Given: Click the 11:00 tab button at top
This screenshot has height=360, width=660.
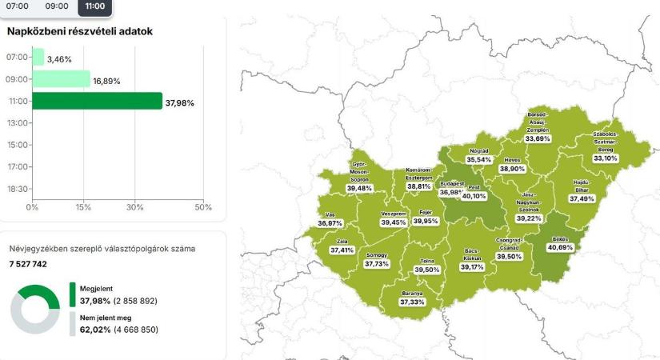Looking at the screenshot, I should [94, 6].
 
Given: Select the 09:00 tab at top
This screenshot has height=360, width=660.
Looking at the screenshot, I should [56, 6].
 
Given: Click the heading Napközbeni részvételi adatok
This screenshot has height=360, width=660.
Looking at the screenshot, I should [79, 32].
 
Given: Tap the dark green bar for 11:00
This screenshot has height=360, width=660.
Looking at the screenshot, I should [97, 101].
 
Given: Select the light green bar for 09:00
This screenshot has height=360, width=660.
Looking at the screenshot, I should [61, 79].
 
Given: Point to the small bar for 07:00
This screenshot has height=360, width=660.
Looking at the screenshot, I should [38, 58].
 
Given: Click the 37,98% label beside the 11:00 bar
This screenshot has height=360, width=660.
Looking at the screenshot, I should [180, 102].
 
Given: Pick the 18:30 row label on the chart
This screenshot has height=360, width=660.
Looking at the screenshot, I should [17, 189].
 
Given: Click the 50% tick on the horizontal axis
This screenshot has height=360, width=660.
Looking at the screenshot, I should [203, 207].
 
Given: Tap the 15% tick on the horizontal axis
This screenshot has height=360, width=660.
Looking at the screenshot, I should [82, 207].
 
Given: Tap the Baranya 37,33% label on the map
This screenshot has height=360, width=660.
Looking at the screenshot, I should [413, 298].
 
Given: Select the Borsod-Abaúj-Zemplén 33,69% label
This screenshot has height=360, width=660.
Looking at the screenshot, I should [538, 128].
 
